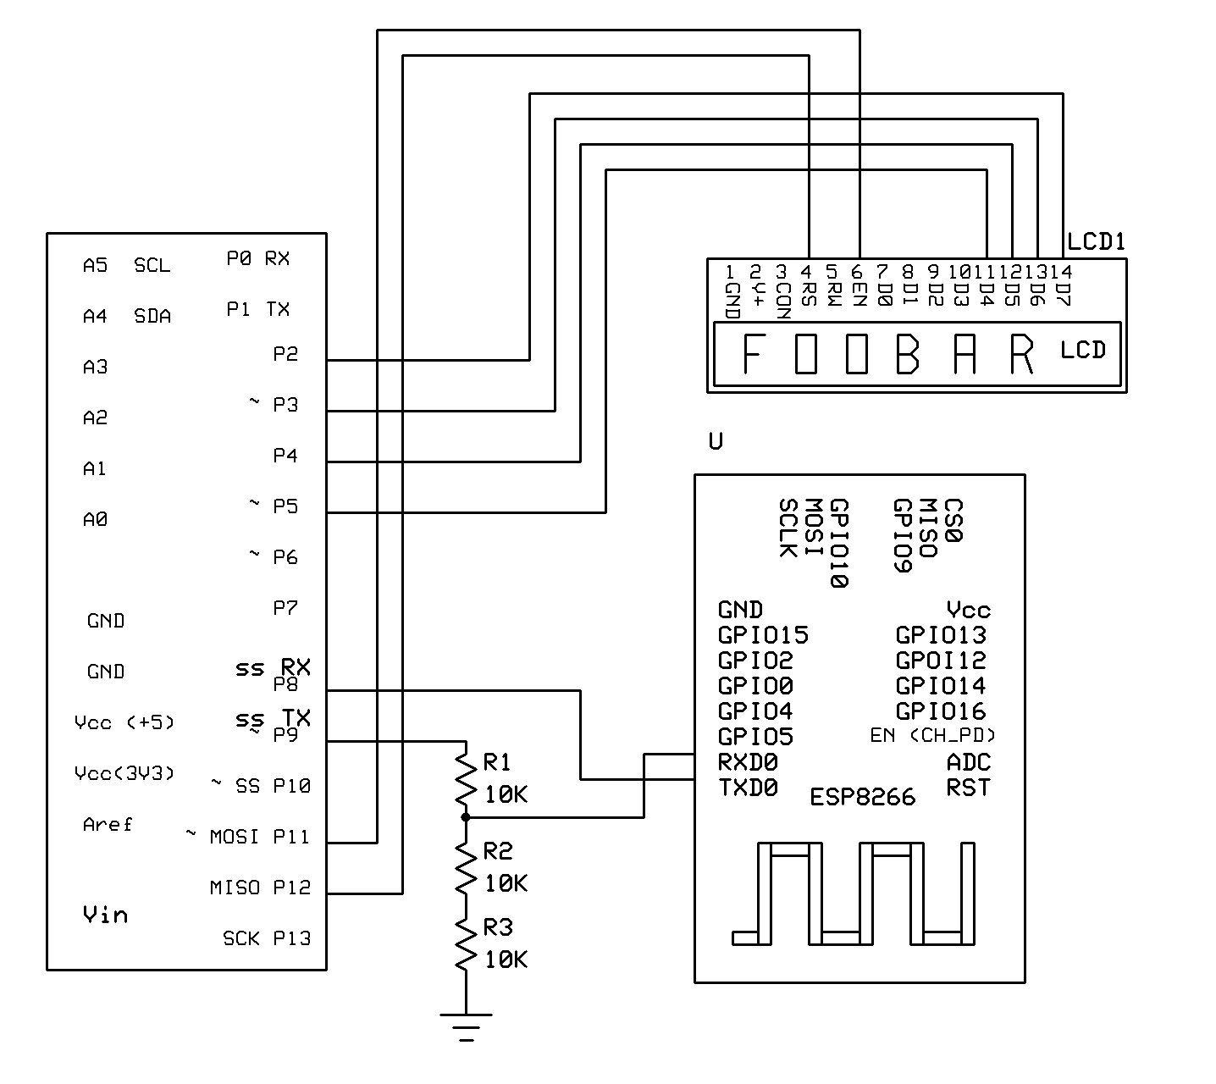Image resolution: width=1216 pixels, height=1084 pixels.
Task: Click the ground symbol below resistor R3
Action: (466, 1026)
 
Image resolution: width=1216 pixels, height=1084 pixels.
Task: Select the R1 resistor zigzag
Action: (466, 779)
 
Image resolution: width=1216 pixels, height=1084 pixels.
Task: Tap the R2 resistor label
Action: (498, 851)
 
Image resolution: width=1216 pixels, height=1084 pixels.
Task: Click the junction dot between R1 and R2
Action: (466, 817)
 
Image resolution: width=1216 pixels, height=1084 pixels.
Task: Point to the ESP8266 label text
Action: (863, 797)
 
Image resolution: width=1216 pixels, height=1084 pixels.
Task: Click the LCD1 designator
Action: (1096, 241)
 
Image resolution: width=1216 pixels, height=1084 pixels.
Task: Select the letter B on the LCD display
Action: (907, 353)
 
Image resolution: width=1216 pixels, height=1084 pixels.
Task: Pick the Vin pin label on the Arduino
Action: (105, 914)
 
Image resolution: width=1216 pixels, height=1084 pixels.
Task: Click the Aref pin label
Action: (107, 824)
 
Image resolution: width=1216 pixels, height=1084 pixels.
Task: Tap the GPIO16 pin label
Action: (941, 711)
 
